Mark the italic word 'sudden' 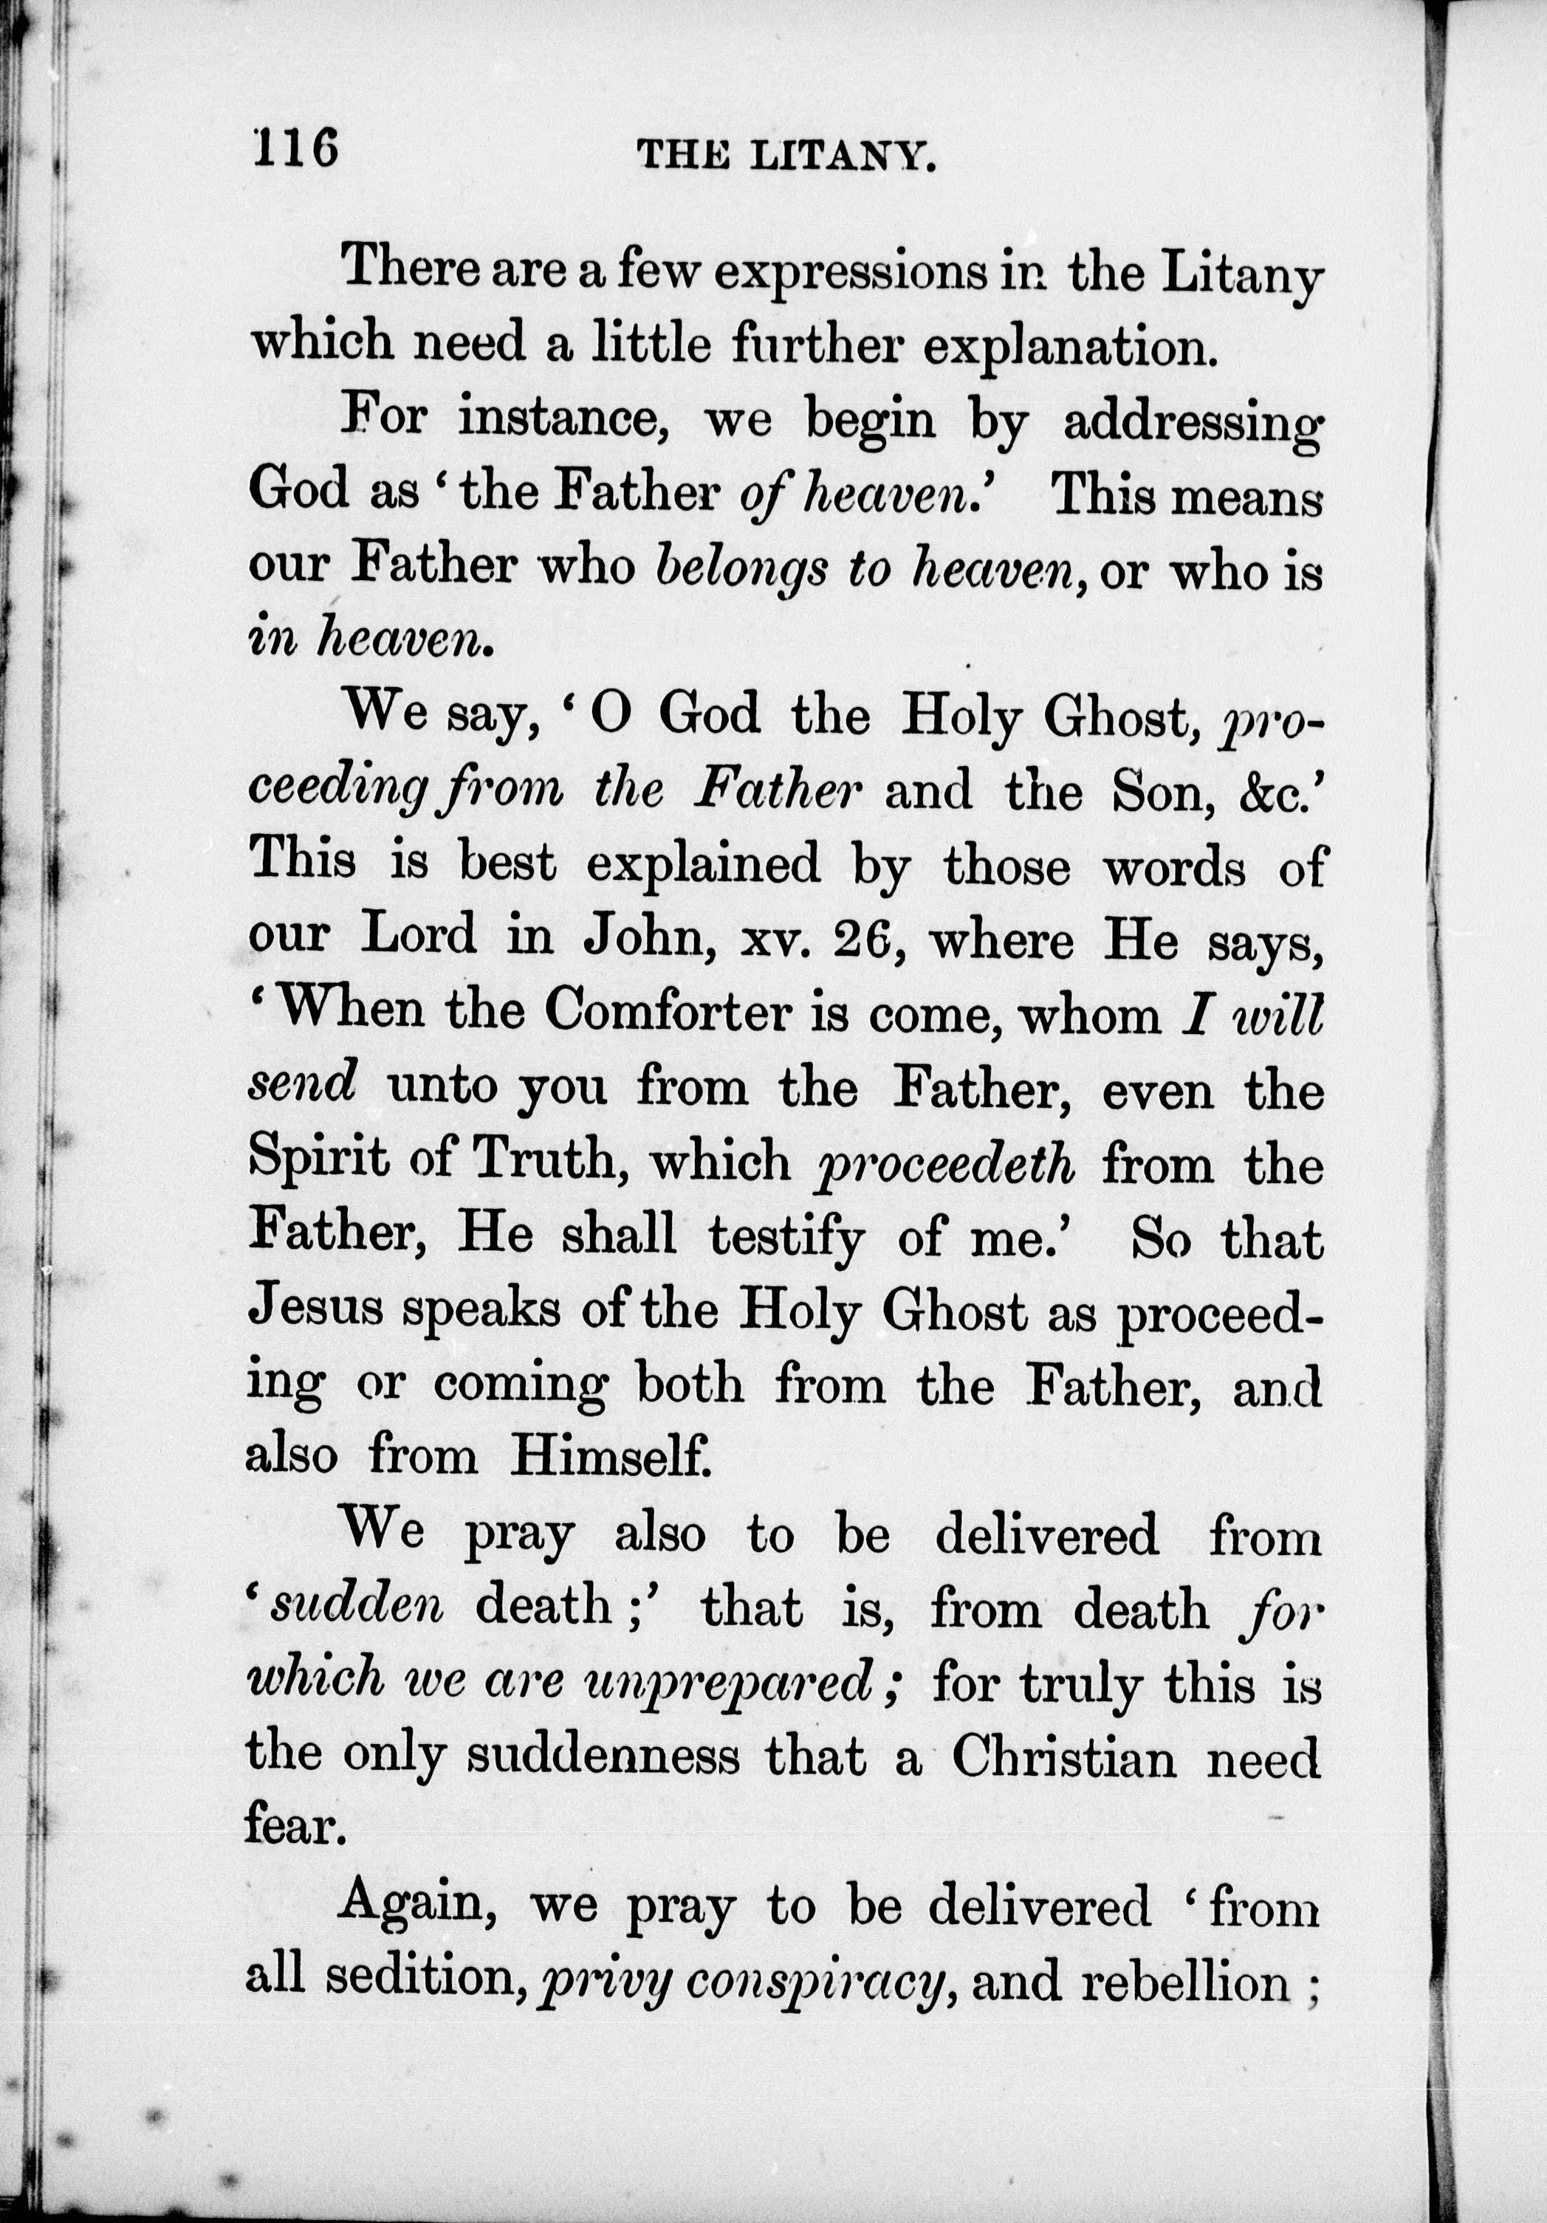click(x=357, y=1608)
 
